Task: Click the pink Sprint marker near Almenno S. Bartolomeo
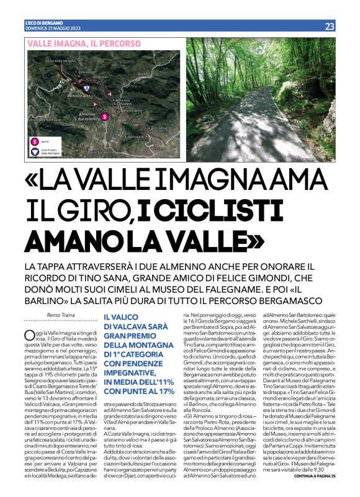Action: (105, 117)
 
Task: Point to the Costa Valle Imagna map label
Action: (60, 61)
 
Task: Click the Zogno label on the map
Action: (142, 74)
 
